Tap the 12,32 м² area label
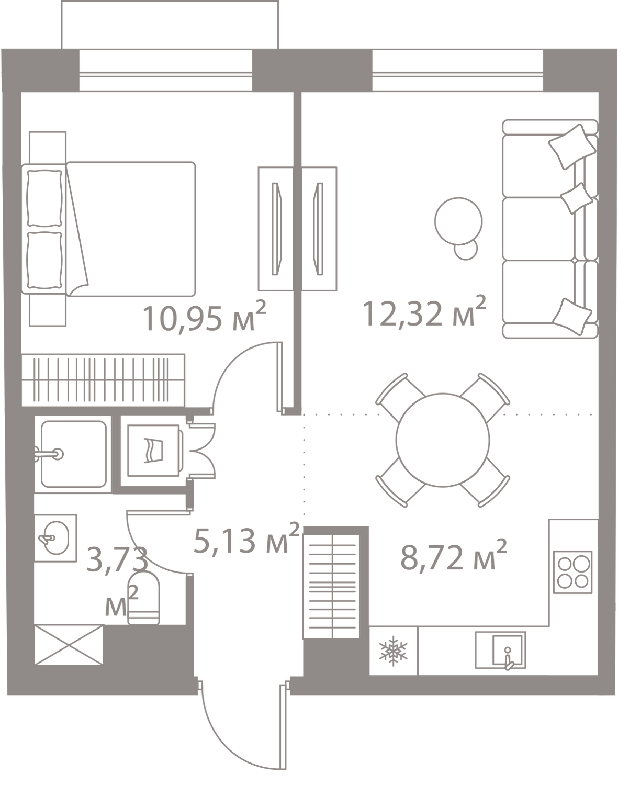point(424,311)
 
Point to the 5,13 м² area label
point(246,538)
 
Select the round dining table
point(443,440)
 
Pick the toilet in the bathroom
point(143,598)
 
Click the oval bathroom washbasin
point(55,537)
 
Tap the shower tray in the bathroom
point(73,454)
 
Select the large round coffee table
point(458,221)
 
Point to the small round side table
point(466,249)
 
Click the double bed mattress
point(131,229)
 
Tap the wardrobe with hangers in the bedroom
point(103,380)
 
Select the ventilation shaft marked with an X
point(69,645)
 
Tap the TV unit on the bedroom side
point(276,229)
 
